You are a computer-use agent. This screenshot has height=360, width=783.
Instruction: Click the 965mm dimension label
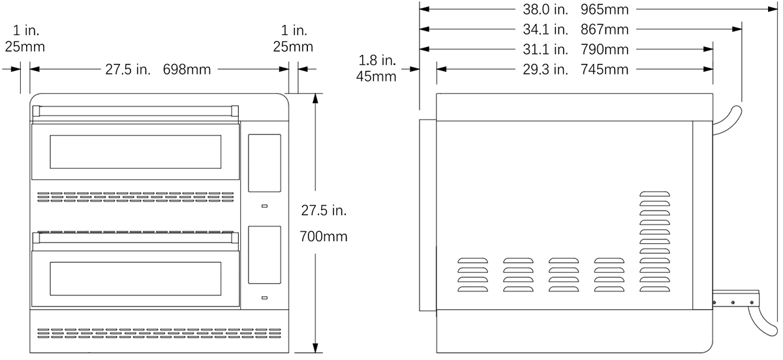[x=604, y=9]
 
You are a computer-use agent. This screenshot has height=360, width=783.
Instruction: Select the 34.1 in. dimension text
[x=545, y=29]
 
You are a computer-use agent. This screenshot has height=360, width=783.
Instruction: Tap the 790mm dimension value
[x=604, y=50]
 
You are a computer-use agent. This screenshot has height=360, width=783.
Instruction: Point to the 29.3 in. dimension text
[x=545, y=69]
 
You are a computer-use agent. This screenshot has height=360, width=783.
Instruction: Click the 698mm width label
[x=187, y=69]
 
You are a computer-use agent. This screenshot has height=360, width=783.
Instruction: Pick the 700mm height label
[x=324, y=237]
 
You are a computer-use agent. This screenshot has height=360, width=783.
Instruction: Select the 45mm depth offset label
[x=376, y=76]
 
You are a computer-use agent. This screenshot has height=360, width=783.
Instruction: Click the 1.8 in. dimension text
[x=377, y=61]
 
